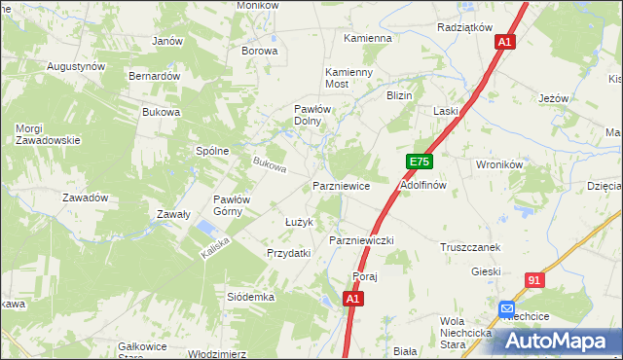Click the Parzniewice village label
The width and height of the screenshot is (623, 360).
[x=341, y=185]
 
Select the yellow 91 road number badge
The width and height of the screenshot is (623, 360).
[x=533, y=280]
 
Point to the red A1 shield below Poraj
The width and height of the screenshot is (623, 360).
[x=354, y=300]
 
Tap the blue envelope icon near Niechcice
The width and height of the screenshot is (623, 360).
[x=508, y=309]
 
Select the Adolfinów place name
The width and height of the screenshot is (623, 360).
[x=422, y=185]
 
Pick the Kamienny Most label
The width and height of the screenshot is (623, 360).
[x=349, y=79]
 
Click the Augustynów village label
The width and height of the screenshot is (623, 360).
[x=76, y=66]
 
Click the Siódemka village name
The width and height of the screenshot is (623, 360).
[x=250, y=296]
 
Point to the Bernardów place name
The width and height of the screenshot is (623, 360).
[x=155, y=76]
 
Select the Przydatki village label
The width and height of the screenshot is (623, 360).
[x=288, y=253]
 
